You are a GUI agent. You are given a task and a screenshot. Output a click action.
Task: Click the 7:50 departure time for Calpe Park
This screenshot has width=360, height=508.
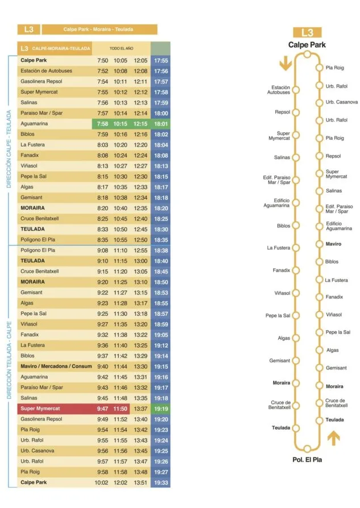tap(103, 61)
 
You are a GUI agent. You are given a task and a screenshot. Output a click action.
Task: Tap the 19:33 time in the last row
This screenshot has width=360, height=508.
tap(161, 483)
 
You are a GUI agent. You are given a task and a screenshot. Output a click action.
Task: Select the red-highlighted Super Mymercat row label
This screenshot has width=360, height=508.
tap(40, 409)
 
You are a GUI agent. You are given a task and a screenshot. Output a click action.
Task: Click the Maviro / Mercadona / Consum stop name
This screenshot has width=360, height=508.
tap(56, 367)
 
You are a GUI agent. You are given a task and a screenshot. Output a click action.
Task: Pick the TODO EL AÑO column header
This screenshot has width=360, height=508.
tap(122, 48)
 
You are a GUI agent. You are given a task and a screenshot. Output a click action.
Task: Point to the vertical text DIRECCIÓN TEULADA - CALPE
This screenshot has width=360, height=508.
tap(9, 360)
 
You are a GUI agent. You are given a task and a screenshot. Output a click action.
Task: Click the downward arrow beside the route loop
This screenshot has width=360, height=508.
tap(286, 63)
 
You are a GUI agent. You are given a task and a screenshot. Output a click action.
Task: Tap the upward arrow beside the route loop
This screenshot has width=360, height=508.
tap(333, 438)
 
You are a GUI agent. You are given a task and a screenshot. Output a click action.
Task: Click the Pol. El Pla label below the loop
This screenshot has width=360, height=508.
tap(307, 460)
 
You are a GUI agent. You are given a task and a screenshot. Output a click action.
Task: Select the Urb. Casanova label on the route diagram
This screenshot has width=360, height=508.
tap(342, 102)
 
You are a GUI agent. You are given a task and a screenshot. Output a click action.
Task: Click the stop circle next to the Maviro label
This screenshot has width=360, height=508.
tap(319, 244)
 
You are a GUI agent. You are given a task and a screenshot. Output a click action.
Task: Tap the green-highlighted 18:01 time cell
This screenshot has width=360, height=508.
tap(161, 124)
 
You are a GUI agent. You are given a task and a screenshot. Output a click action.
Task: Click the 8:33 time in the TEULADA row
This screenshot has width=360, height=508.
tap(103, 230)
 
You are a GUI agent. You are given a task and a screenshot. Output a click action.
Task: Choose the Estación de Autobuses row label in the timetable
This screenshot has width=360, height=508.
tap(47, 71)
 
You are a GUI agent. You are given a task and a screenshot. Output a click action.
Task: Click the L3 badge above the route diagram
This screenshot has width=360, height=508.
tap(307, 33)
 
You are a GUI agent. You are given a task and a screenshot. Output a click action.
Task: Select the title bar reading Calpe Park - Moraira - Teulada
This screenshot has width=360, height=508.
tap(100, 30)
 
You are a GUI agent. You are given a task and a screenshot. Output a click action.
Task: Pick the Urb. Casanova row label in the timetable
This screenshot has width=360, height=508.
tap(37, 451)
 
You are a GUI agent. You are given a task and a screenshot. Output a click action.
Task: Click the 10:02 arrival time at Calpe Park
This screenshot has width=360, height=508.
tap(101, 483)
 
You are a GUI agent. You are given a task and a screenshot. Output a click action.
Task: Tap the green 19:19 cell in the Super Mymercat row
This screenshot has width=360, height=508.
tap(161, 409)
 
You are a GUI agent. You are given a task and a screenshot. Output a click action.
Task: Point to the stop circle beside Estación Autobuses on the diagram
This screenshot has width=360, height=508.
tap(296, 90)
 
